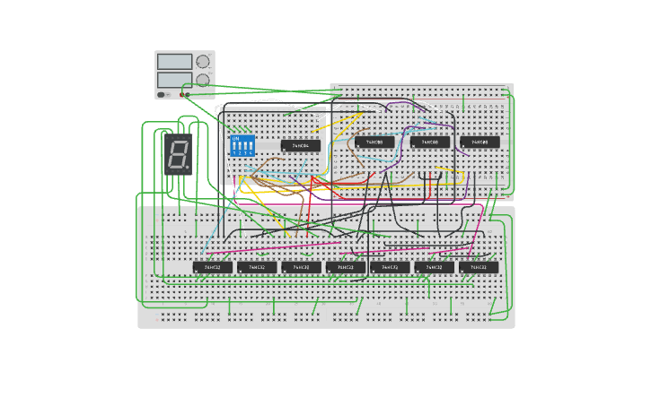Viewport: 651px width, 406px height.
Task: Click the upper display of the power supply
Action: coord(174,62)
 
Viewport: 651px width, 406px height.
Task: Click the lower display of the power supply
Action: coord(174,80)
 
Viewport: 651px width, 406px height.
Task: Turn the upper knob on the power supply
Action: coord(203,62)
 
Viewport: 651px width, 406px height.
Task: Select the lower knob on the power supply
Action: coord(203,80)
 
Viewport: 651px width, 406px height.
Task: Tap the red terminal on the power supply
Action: coord(181,94)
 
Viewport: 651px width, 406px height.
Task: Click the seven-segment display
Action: coord(178,153)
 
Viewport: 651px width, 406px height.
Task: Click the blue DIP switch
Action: coord(242,146)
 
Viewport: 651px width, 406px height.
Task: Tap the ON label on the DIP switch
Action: coord(236,139)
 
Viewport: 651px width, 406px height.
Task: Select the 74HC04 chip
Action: coord(300,145)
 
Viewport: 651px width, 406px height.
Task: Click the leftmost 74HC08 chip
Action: coord(374,142)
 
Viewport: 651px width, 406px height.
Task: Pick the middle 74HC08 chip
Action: coord(430,142)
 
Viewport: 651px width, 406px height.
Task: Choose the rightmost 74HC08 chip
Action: coord(479,142)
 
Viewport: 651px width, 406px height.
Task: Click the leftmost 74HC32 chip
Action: coord(213,267)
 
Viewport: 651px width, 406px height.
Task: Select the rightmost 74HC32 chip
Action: coord(479,267)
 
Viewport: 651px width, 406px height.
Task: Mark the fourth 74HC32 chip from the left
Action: coord(346,267)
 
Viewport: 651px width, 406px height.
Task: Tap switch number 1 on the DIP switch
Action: coord(235,148)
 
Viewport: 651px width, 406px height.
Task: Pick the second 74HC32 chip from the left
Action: coord(257,267)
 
